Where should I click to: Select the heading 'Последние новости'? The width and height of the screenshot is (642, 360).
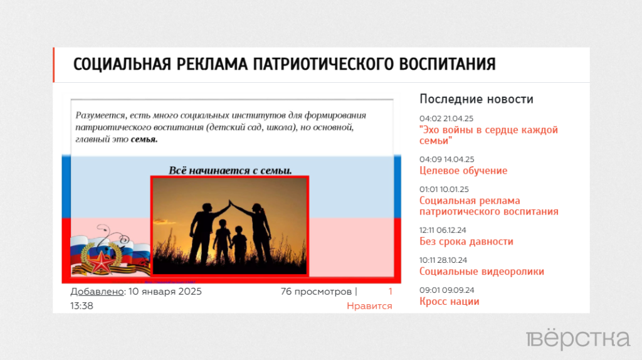click(476, 99)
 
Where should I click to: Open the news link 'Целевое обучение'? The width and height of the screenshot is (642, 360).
click(463, 171)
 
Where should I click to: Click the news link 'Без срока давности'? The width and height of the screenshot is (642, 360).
click(466, 241)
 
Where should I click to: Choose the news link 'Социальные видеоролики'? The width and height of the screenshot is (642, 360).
click(481, 272)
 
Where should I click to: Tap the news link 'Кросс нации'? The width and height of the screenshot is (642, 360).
click(449, 302)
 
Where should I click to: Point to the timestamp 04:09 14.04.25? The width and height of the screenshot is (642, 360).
click(446, 159)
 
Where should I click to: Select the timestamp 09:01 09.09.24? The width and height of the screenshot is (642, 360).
click(446, 290)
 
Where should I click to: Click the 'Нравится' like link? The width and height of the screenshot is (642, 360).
click(369, 306)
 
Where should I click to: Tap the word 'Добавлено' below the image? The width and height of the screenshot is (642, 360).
click(97, 292)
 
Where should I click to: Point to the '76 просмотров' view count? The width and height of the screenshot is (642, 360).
click(316, 292)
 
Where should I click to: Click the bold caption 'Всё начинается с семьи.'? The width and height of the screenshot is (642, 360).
click(230, 170)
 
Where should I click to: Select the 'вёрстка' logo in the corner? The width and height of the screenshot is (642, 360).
click(578, 339)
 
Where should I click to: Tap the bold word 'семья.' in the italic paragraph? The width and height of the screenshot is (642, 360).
click(144, 139)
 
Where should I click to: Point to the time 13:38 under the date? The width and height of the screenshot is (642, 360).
click(82, 306)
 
